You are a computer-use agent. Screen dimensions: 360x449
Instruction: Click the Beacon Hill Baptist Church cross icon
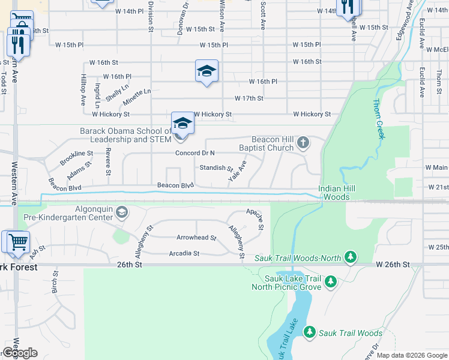point(304,142)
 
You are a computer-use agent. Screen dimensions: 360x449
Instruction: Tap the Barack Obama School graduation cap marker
point(182,124)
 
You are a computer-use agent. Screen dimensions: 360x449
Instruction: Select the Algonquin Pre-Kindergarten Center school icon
point(122,212)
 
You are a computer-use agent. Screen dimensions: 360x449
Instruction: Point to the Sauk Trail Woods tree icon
point(310,332)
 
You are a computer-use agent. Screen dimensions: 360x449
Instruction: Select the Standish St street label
point(216,168)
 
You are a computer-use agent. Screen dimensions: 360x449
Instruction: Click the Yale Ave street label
point(238,170)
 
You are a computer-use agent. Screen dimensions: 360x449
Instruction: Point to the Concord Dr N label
point(195,153)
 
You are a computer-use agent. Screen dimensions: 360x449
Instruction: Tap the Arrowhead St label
point(196,238)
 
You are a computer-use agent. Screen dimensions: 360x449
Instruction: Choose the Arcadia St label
point(184,253)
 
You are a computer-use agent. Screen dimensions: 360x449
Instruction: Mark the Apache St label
point(256,219)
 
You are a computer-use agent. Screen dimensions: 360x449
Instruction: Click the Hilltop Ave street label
point(83,91)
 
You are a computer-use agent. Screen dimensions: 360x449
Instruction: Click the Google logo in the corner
point(20,353)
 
